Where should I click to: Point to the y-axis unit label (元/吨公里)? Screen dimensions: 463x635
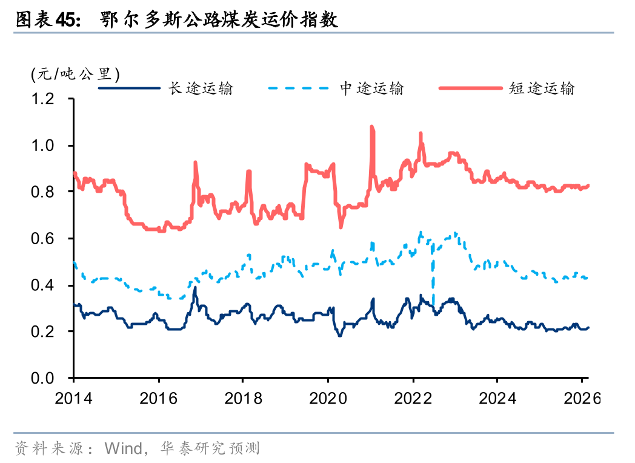pyautogui.click(x=75, y=75)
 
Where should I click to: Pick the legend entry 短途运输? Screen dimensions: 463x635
pyautogui.click(x=542, y=88)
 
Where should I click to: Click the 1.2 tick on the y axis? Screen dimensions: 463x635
pyautogui.click(x=43, y=99)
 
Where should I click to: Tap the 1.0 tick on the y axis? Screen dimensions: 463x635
pyautogui.click(x=43, y=145)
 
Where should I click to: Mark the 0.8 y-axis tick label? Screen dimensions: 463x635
pyautogui.click(x=43, y=192)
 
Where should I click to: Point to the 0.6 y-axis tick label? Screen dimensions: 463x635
pyautogui.click(x=43, y=239)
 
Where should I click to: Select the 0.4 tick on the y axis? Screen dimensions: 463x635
pyautogui.click(x=43, y=285)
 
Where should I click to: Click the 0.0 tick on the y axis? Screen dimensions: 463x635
pyautogui.click(x=43, y=378)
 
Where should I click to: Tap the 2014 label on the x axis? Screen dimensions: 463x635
pyautogui.click(x=73, y=399)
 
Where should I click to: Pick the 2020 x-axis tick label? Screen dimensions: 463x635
pyautogui.click(x=327, y=399)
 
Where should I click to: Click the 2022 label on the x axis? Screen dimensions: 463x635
pyautogui.click(x=412, y=399)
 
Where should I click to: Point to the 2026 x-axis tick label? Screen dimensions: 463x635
pyautogui.click(x=580, y=399)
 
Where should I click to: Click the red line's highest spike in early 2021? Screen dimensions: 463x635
pyautogui.click(x=371, y=127)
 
